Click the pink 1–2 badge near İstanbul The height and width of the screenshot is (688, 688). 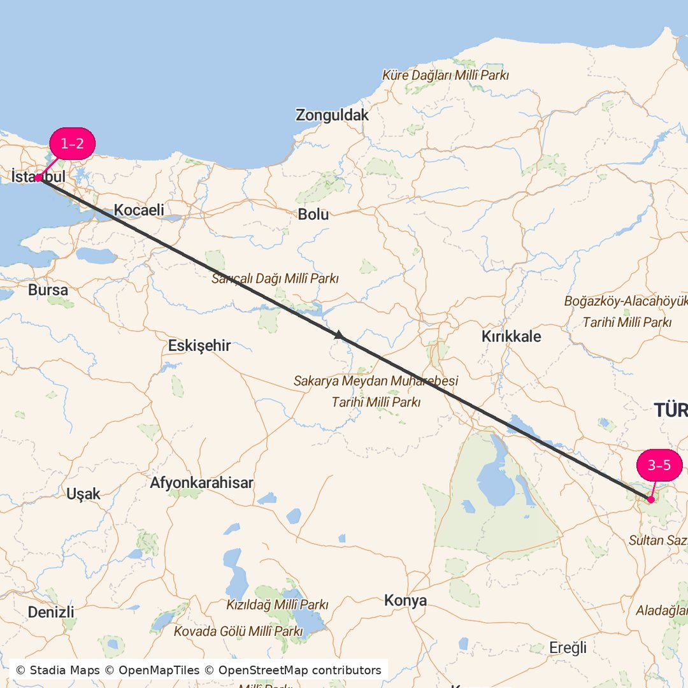[x=72, y=144]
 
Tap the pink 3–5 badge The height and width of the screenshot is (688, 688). [x=659, y=465]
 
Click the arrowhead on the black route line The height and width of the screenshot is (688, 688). [x=339, y=334]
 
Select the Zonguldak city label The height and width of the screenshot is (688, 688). [x=332, y=115]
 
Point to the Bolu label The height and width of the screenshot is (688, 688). [x=313, y=215]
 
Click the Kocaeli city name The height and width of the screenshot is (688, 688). [x=139, y=210]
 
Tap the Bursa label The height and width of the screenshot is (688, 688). [x=48, y=290]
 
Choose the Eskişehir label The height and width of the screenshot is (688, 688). [x=199, y=346]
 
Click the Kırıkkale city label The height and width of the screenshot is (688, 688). [x=511, y=336]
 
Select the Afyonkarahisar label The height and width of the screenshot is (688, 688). [x=201, y=483]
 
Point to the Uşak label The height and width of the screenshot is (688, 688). [x=83, y=494]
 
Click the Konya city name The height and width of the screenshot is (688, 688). [x=405, y=601]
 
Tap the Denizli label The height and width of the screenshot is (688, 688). [x=51, y=612]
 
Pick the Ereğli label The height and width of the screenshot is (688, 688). [x=568, y=648]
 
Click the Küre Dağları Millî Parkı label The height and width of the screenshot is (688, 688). [x=445, y=75]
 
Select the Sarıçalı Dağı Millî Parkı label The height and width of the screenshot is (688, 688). [x=275, y=278]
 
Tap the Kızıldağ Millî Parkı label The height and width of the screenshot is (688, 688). [x=277, y=604]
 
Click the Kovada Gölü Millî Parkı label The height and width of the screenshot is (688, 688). [x=238, y=631]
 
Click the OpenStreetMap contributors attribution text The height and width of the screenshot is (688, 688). [x=299, y=670]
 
